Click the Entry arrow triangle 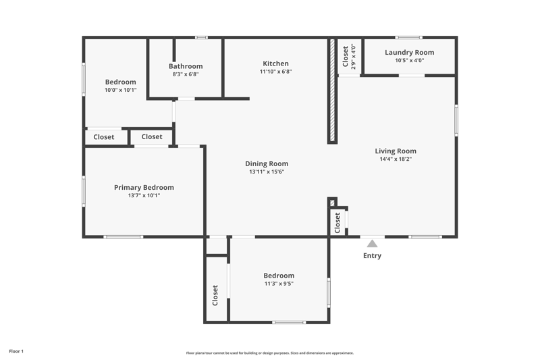(x=372, y=244)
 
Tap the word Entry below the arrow (x=372, y=255)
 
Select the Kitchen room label (x=275, y=63)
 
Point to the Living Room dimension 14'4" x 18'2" (x=396, y=159)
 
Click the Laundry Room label (x=410, y=53)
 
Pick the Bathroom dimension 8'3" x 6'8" (x=186, y=74)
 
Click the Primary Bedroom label (x=144, y=187)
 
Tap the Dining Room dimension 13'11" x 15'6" (x=267, y=172)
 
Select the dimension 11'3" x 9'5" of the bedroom (x=279, y=284)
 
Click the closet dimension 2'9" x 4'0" (x=353, y=57)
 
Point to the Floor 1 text (x=16, y=351)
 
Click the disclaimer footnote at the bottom (x=270, y=353)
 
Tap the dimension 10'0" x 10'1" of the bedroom (x=121, y=90)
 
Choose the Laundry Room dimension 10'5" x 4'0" (x=410, y=60)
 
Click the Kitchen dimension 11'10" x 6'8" (x=275, y=72)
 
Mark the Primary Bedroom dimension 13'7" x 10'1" (x=144, y=195)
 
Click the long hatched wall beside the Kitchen (x=332, y=91)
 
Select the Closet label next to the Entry (x=337, y=222)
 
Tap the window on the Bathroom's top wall (x=201, y=37)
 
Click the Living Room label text (x=396, y=151)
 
